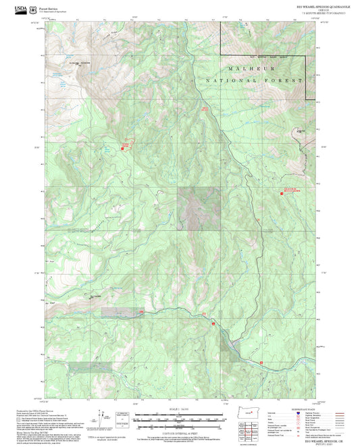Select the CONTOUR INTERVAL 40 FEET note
click(x=179, y=432)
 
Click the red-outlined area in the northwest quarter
click(x=125, y=144)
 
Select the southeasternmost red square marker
click(x=261, y=363)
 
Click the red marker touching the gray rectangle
click(x=141, y=311)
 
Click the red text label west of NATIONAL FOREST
click(x=205, y=107)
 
